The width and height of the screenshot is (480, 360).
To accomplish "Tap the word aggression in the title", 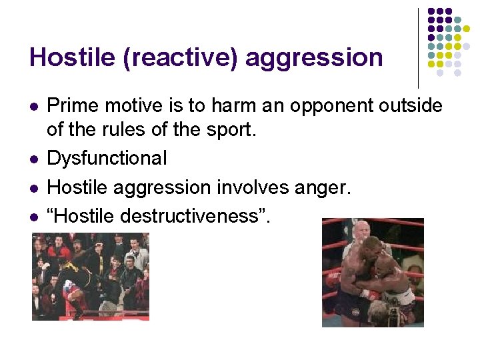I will pos(314,58).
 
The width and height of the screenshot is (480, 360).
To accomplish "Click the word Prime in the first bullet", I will pos(69,106).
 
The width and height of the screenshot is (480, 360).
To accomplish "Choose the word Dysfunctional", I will pos(107,159).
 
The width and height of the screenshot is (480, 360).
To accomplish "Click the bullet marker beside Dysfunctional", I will pos(33,159).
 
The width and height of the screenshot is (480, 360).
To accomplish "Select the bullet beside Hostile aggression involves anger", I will pos(33,188).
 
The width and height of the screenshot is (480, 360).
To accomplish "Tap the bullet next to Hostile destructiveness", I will pos(33,217).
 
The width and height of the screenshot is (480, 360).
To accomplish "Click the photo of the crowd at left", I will pos(90,276).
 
